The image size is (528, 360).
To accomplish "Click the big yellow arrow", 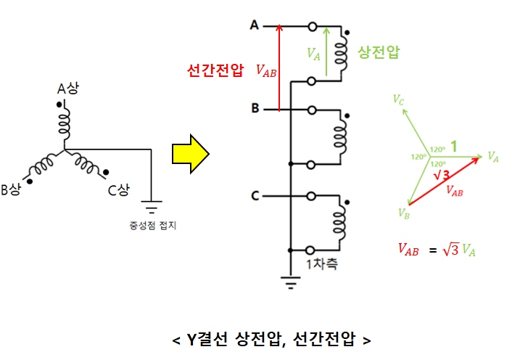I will click(x=190, y=153).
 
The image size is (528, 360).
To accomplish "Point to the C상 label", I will click(x=118, y=190).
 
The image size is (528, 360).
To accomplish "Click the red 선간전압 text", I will click(x=215, y=70).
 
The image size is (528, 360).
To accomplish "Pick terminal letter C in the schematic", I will click(x=255, y=195).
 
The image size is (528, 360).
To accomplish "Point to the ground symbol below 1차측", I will click(x=290, y=282).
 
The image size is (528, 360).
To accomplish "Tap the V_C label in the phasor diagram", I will click(x=398, y=99).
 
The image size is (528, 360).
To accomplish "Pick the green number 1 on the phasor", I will click(x=453, y=147).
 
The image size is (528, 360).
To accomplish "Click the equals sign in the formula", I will click(x=433, y=250).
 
